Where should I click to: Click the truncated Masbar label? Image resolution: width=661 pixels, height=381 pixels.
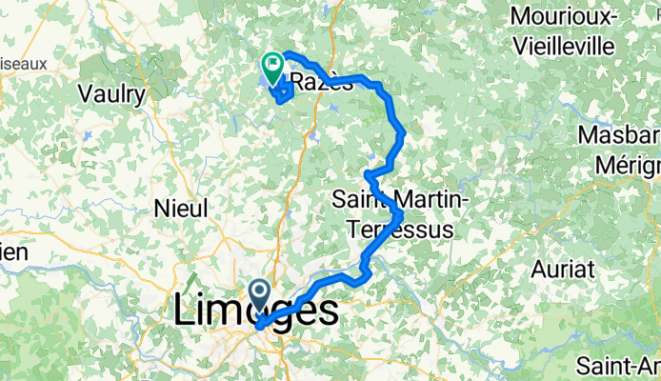[x=625, y=137]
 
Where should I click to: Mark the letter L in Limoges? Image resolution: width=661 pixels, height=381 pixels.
[x=186, y=311]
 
